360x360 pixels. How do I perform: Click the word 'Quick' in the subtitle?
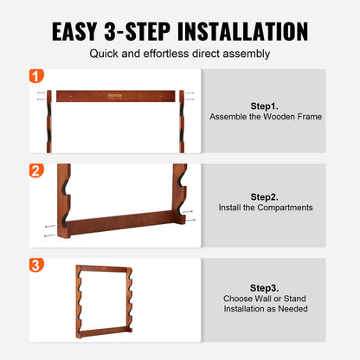click(107, 53)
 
